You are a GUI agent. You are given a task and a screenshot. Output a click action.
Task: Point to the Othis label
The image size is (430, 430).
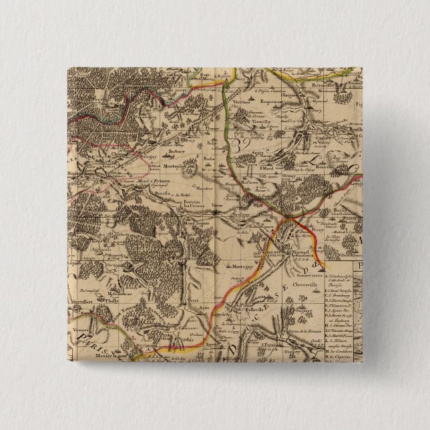[x=189, y=339]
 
